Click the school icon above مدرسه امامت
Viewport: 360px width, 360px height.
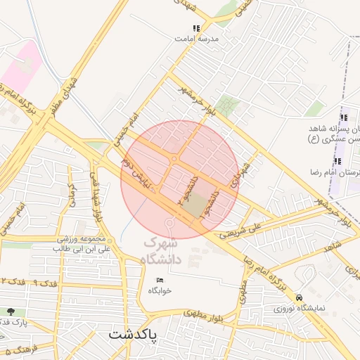pyautogui.click(x=196, y=29)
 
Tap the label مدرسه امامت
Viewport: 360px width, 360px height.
pyautogui.click(x=196, y=39)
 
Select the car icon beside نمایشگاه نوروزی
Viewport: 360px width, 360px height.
pyautogui.click(x=300, y=297)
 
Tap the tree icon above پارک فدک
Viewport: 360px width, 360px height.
pyautogui.click(x=10, y=311)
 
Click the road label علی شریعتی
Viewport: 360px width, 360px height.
pyautogui.click(x=243, y=227)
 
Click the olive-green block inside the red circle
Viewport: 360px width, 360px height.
pyautogui.click(x=201, y=204)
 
